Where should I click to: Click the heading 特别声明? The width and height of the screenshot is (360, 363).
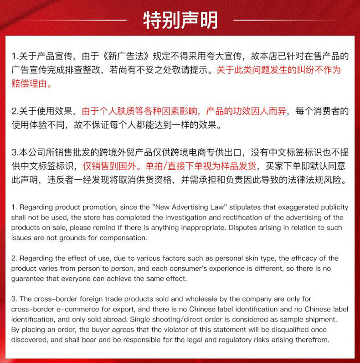180,20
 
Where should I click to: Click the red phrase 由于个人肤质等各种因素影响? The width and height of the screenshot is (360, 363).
141,111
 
